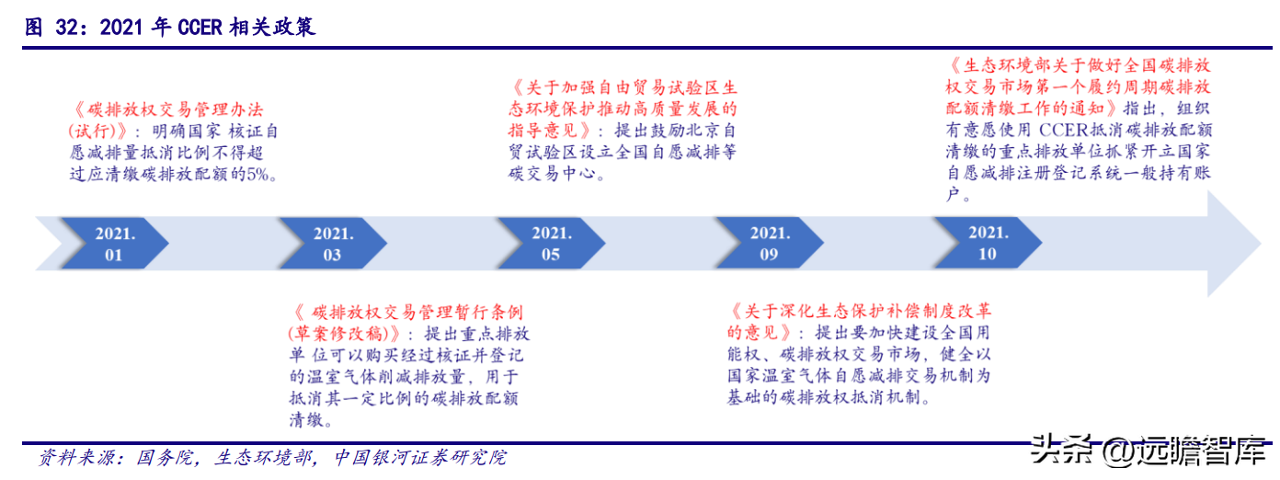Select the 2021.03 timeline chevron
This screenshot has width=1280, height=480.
point(334,244)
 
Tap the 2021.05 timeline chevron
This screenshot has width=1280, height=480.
point(552,244)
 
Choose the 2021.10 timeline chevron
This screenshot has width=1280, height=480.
point(989,244)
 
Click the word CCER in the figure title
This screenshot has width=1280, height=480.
point(200,27)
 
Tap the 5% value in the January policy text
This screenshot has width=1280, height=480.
point(257,174)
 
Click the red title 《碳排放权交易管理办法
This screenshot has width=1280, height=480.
point(168,109)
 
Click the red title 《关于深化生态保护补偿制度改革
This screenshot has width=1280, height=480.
point(860,312)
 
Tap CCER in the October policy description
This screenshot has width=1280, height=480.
point(1063,131)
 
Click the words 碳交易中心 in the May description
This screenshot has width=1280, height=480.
point(552,174)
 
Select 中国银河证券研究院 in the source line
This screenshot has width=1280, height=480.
point(420,458)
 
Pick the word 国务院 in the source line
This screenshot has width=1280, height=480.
point(165,458)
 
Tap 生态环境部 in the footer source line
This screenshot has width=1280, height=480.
point(263,458)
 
